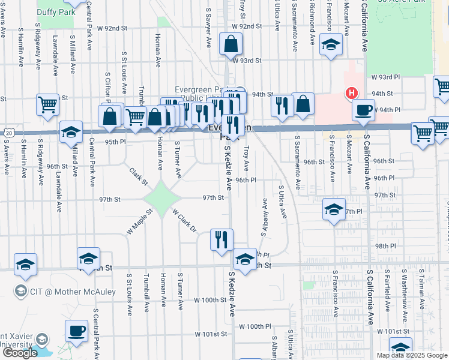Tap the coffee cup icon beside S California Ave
364,110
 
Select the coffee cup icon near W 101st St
76,331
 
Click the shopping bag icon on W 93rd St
231,44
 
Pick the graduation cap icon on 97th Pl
334,210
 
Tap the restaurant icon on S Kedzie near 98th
221,239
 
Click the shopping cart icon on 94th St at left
47,104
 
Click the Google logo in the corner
20,353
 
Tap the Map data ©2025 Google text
412,355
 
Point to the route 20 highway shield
7,132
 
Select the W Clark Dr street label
184,221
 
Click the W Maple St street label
136,223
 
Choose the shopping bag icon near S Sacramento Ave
304,104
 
